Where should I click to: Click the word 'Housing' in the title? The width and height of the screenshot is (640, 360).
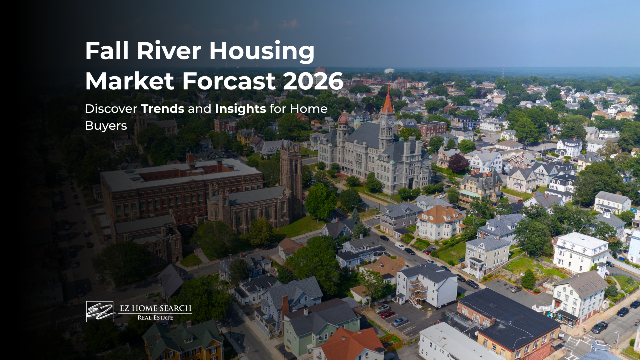pyautogui.click(x=262, y=51)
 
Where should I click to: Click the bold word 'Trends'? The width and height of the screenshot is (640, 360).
pyautogui.click(x=163, y=109)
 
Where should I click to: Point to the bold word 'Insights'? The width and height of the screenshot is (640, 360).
pyautogui.click(x=240, y=109)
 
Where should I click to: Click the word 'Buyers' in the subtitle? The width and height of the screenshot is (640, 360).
pyautogui.click(x=106, y=126)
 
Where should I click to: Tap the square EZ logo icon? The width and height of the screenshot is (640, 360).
pyautogui.click(x=100, y=311)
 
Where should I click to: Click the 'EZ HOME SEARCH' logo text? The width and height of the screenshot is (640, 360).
pyautogui.click(x=155, y=308)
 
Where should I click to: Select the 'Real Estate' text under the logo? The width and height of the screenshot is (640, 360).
pyautogui.click(x=155, y=318)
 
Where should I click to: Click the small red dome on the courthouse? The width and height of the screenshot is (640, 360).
pyautogui.click(x=343, y=119)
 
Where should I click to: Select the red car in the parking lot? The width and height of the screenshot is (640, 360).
pyautogui.click(x=387, y=314)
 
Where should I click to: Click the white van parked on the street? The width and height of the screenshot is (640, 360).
pyautogui.click(x=400, y=245)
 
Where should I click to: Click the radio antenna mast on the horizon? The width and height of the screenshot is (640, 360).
pyautogui.click(x=503, y=71)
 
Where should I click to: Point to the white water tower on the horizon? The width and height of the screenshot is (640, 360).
pyautogui.click(x=389, y=71)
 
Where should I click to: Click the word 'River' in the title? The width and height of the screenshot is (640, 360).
pyautogui.click(x=169, y=51)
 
